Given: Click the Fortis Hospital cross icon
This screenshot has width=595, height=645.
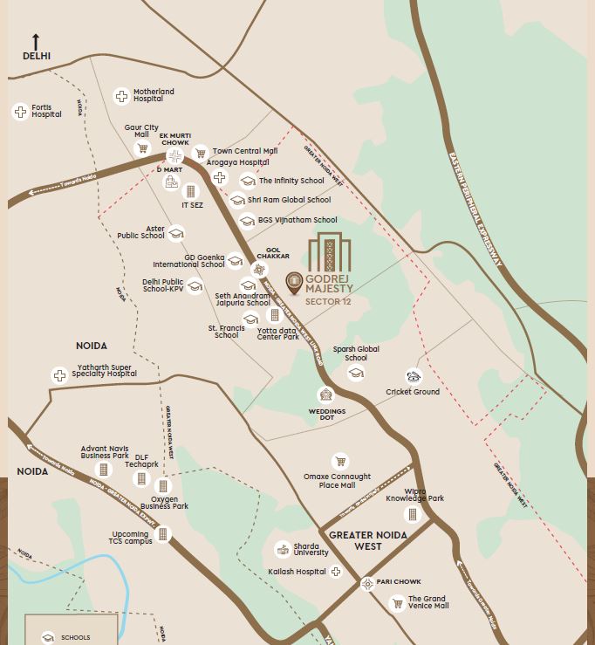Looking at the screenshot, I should click(x=19, y=112).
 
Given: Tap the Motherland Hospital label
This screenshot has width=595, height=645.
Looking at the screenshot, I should click(x=154, y=95).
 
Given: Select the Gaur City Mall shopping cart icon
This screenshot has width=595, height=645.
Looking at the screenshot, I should click(x=142, y=149).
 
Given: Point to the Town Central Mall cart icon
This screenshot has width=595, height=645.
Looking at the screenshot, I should click(x=201, y=154).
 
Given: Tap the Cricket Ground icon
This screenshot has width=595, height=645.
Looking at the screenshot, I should click(x=414, y=377).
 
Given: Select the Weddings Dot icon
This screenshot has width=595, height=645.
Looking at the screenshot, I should click(x=325, y=395).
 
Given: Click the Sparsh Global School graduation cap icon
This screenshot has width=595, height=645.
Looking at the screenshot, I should click(x=355, y=374).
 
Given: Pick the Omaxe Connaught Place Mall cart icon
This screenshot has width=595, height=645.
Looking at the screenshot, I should click(x=340, y=462).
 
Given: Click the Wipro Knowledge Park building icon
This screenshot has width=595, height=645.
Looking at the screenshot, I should click(x=414, y=515).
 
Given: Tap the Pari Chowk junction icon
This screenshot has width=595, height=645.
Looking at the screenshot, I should click(x=367, y=584).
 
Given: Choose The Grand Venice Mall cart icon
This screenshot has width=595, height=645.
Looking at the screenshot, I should click(x=397, y=603).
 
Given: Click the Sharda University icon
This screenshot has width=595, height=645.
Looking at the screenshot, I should click(x=283, y=549).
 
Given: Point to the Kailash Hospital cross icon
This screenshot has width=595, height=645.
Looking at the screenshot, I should click(x=336, y=572).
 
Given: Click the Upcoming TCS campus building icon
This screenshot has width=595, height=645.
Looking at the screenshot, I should click(x=163, y=534).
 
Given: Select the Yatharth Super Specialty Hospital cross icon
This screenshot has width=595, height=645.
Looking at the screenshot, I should click(x=59, y=375).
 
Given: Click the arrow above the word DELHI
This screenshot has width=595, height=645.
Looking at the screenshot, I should click(x=36, y=41).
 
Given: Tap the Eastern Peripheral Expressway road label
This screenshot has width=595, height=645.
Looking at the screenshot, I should click(x=475, y=209).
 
